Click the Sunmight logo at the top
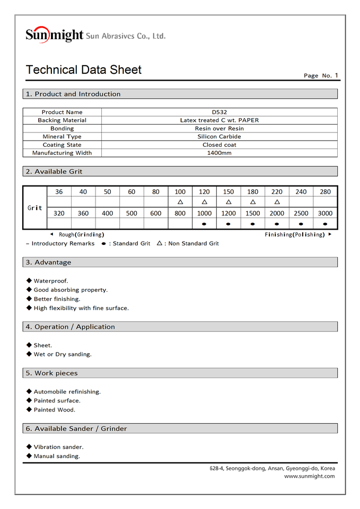(x=55, y=35)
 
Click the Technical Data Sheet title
(x=84, y=70)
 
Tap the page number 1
(x=336, y=75)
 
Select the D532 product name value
(x=219, y=112)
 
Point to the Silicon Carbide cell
(x=219, y=137)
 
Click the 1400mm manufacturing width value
(x=219, y=153)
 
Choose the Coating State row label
(x=62, y=145)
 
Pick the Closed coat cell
(x=219, y=145)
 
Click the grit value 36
(x=59, y=192)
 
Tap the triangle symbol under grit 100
(x=180, y=202)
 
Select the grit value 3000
(x=325, y=213)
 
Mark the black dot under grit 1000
(x=204, y=224)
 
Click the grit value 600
(x=156, y=213)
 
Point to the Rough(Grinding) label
(x=81, y=234)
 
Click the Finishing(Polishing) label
(x=294, y=234)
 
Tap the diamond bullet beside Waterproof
(x=29, y=280)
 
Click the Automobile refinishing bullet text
(x=67, y=392)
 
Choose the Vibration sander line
(x=58, y=447)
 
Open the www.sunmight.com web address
(x=309, y=476)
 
